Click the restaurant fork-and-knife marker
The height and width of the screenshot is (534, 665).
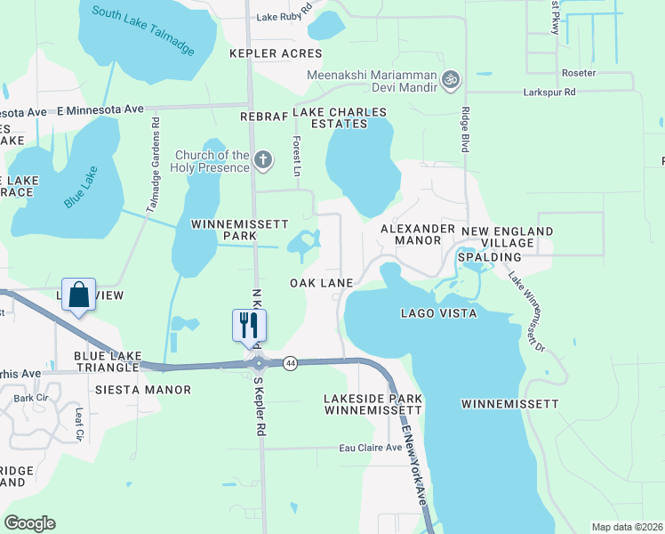[244, 324]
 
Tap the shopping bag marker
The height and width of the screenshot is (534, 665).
[78, 295]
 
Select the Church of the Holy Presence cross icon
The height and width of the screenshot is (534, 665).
[262, 160]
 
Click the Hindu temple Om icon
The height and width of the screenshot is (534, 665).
[451, 79]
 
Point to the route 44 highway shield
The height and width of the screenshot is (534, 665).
[291, 362]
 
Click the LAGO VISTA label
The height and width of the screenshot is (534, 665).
[438, 313]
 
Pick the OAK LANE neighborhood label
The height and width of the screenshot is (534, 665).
[322, 283]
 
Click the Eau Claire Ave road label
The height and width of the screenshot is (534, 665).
[371, 449]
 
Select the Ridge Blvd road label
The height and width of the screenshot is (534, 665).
[465, 130]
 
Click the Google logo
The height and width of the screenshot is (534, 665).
[29, 523]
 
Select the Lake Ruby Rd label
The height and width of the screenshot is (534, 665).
[285, 16]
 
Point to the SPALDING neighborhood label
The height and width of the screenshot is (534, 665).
[489, 257]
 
